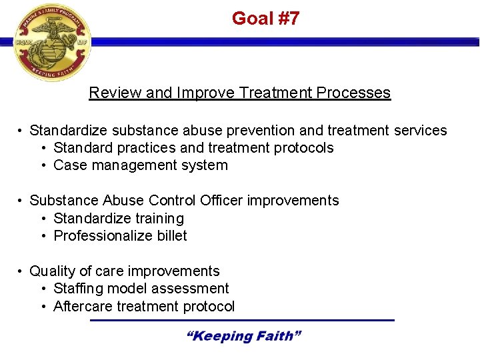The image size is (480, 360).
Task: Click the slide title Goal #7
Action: click(265, 19)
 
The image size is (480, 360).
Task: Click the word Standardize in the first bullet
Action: click(69, 131)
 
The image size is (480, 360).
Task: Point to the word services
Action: click(421, 131)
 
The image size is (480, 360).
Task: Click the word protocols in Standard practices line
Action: click(303, 148)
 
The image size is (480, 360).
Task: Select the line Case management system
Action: click(140, 165)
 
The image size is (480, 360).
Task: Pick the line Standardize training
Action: click(119, 219)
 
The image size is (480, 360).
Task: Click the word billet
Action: click(170, 236)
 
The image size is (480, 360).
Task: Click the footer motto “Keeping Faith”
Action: click(243, 336)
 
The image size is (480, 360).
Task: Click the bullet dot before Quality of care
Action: click(21, 271)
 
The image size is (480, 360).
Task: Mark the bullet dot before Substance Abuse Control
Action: click(21, 201)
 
